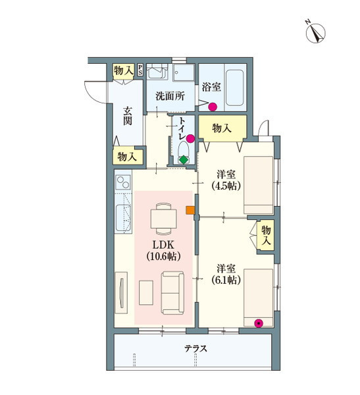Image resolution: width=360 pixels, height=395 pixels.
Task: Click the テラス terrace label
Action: (x=195, y=349)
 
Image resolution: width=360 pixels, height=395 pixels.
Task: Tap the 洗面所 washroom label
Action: (x=170, y=95)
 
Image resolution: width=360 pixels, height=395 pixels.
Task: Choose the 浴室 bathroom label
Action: (x=211, y=86)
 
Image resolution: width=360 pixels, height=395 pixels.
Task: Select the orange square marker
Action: (x=190, y=211)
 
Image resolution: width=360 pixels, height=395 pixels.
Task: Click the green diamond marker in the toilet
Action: (x=184, y=159)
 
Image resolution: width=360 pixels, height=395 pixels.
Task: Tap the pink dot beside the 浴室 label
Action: (x=213, y=107)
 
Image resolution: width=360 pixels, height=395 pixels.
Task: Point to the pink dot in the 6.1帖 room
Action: (x=259, y=323)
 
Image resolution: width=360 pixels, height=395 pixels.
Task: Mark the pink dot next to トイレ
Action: (x=190, y=139)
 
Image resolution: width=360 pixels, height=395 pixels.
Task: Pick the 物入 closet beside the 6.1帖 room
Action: (x=266, y=235)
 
